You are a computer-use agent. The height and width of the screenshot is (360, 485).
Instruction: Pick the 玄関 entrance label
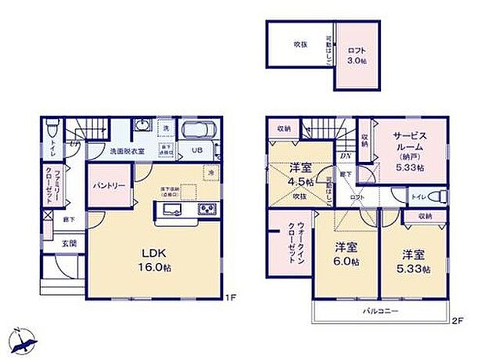pyautogui.click(x=70, y=243)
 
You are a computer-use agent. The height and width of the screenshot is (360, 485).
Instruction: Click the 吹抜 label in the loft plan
pyautogui.click(x=300, y=45)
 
